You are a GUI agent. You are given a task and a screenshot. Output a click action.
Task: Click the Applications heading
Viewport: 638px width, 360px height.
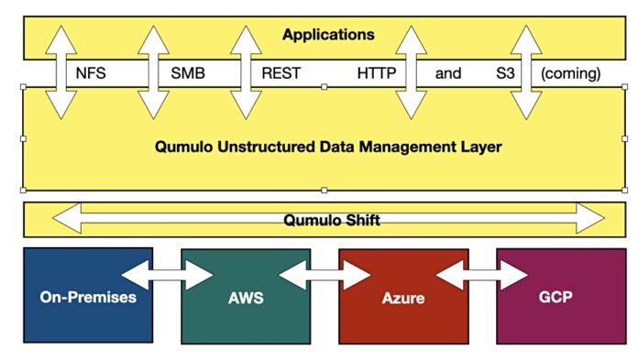(x=327, y=35)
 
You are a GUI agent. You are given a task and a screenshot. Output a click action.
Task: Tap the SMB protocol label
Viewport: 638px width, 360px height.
(x=189, y=73)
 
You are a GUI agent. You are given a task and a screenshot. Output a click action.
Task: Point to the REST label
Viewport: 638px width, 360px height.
(x=280, y=73)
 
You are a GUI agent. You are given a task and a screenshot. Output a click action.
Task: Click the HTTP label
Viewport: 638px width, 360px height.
(x=375, y=73)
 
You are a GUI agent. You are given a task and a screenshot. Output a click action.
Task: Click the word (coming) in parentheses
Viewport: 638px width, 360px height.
(x=570, y=73)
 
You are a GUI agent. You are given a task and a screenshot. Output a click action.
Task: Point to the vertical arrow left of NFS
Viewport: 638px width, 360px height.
(x=61, y=73)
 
